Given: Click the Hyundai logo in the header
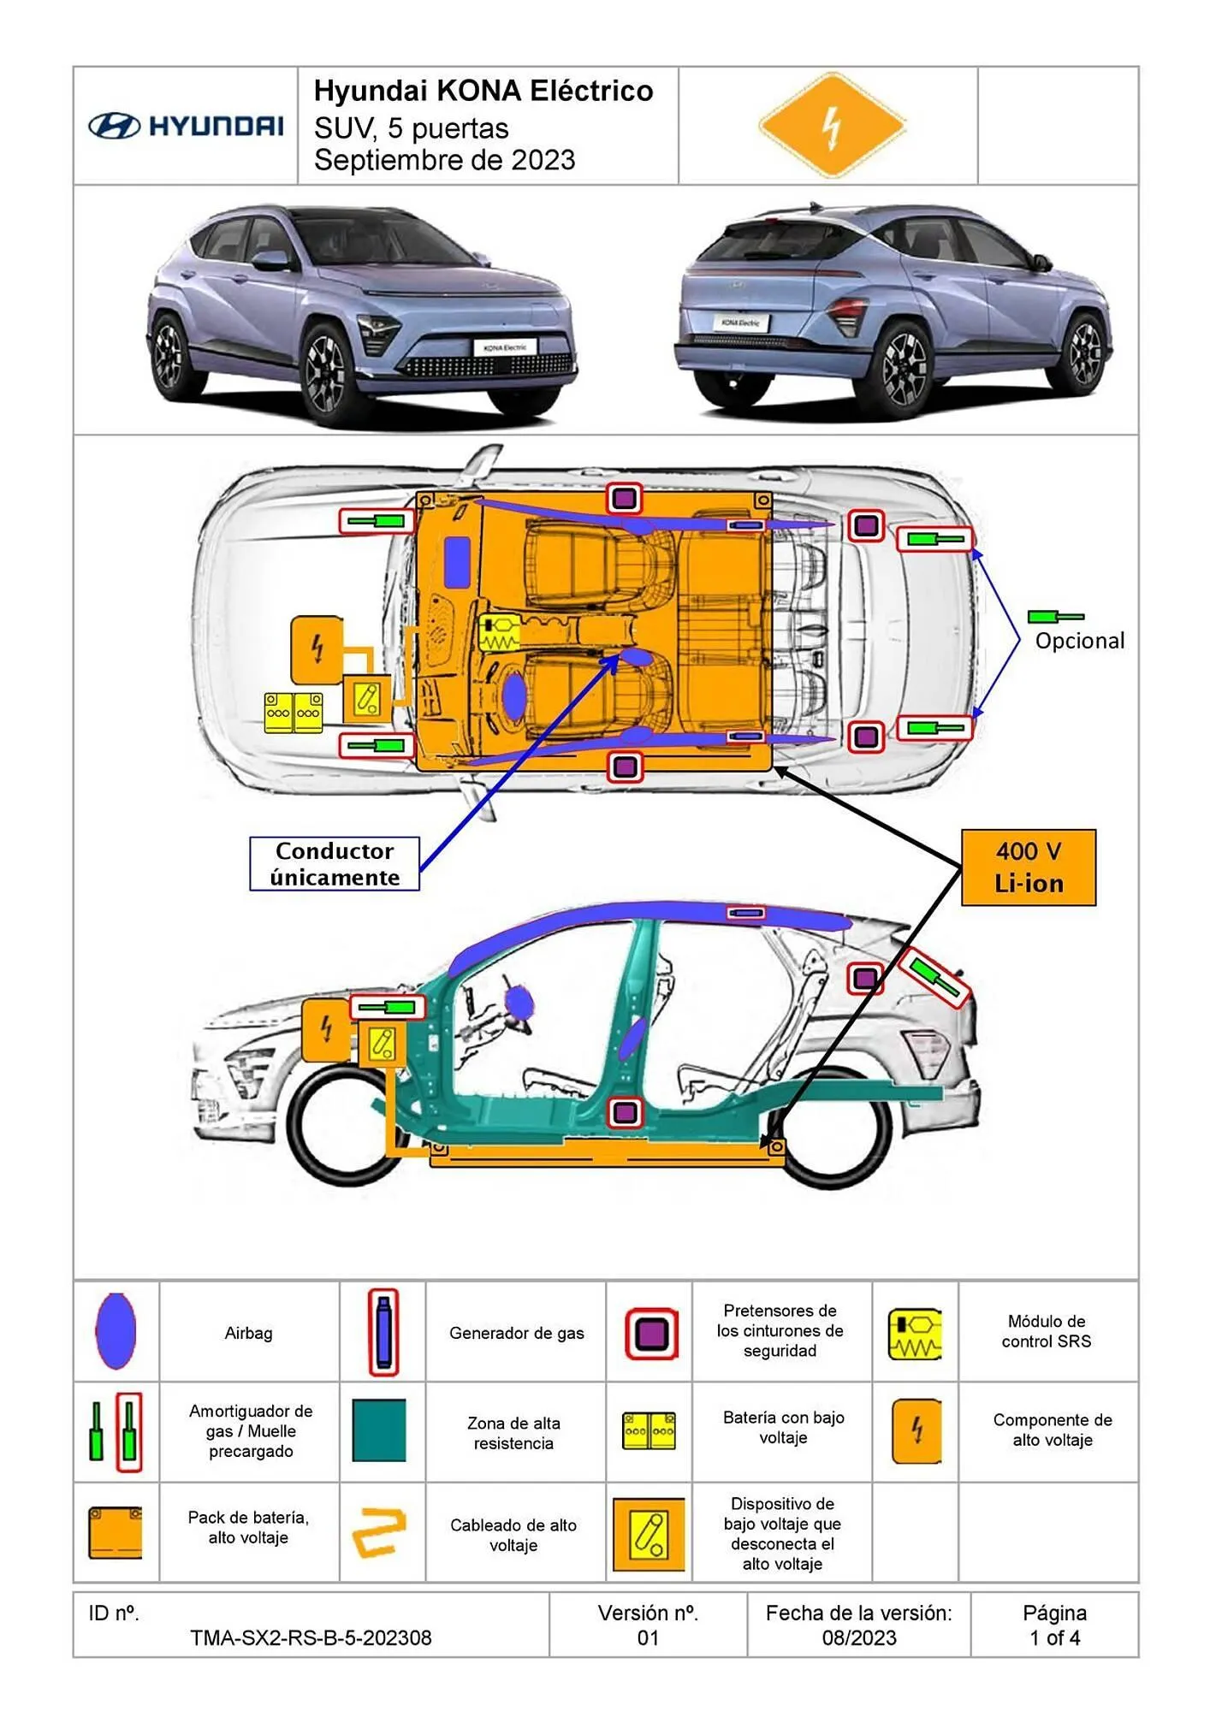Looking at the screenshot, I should click(186, 127).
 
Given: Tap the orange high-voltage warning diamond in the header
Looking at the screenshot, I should click(831, 126).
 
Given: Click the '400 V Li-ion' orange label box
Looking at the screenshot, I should click(1028, 867).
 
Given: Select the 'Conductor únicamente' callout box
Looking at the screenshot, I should click(335, 864).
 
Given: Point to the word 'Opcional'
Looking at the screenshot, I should click(1079, 641).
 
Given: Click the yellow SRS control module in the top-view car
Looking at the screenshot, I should click(499, 634).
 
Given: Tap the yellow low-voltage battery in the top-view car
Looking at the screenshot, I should click(294, 712).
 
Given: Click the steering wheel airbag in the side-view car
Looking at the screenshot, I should click(519, 1003).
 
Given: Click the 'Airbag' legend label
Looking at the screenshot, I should click(248, 1333).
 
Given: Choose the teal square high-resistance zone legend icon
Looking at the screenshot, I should click(379, 1430).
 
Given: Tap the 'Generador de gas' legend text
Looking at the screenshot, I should click(516, 1333).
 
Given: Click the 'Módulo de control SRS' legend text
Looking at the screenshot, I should click(1047, 1331).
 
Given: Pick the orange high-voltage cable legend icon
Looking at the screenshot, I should click(379, 1532).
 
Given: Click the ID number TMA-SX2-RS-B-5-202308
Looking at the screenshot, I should click(311, 1637).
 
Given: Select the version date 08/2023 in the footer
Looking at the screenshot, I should click(858, 1637).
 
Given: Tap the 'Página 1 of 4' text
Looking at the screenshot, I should click(1054, 1625).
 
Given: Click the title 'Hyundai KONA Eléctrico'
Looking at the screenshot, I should click(483, 91).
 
